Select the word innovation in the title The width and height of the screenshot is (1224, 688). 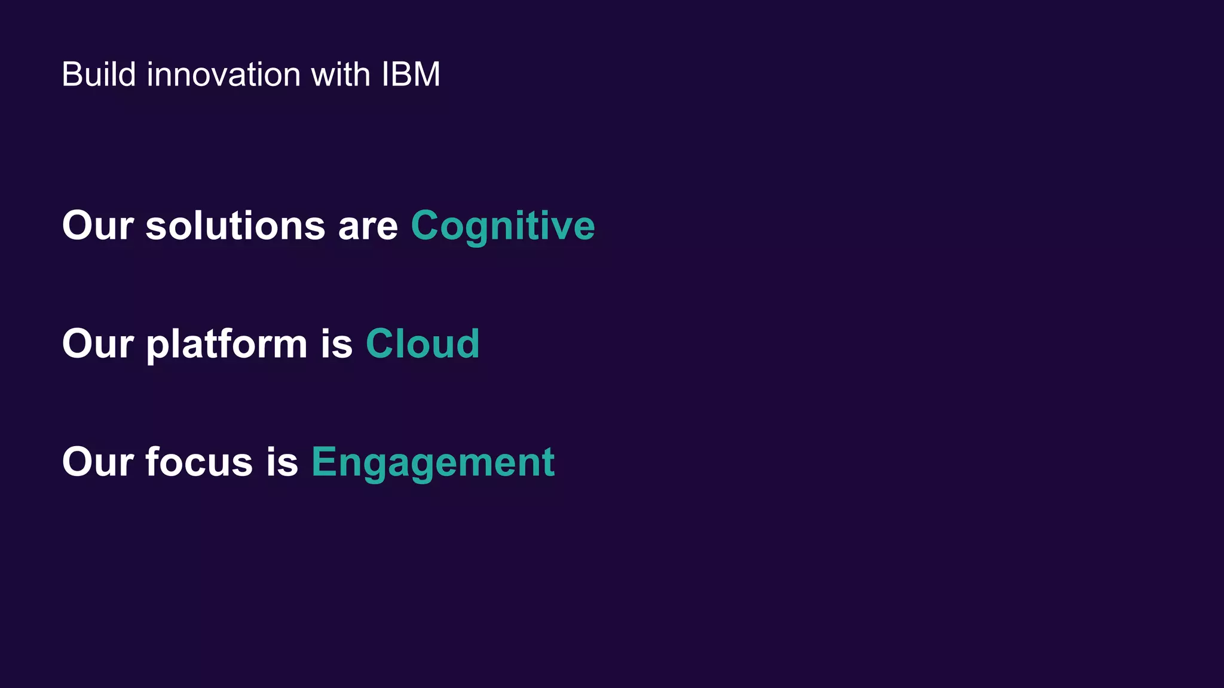pos(224,75)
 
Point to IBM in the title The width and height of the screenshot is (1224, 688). pos(411,75)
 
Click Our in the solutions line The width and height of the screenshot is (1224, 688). pos(97,226)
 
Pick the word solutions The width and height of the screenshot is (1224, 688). pos(235,226)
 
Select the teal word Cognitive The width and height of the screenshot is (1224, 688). pos(503,226)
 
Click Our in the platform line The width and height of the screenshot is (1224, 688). pos(97,344)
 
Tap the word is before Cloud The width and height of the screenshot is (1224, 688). pos(336,344)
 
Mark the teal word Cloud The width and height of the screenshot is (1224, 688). pos(423,344)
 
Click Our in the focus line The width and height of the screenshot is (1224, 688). pos(97,462)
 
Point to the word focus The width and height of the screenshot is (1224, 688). pos(199,462)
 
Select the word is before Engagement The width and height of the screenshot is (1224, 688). pos(282,462)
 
